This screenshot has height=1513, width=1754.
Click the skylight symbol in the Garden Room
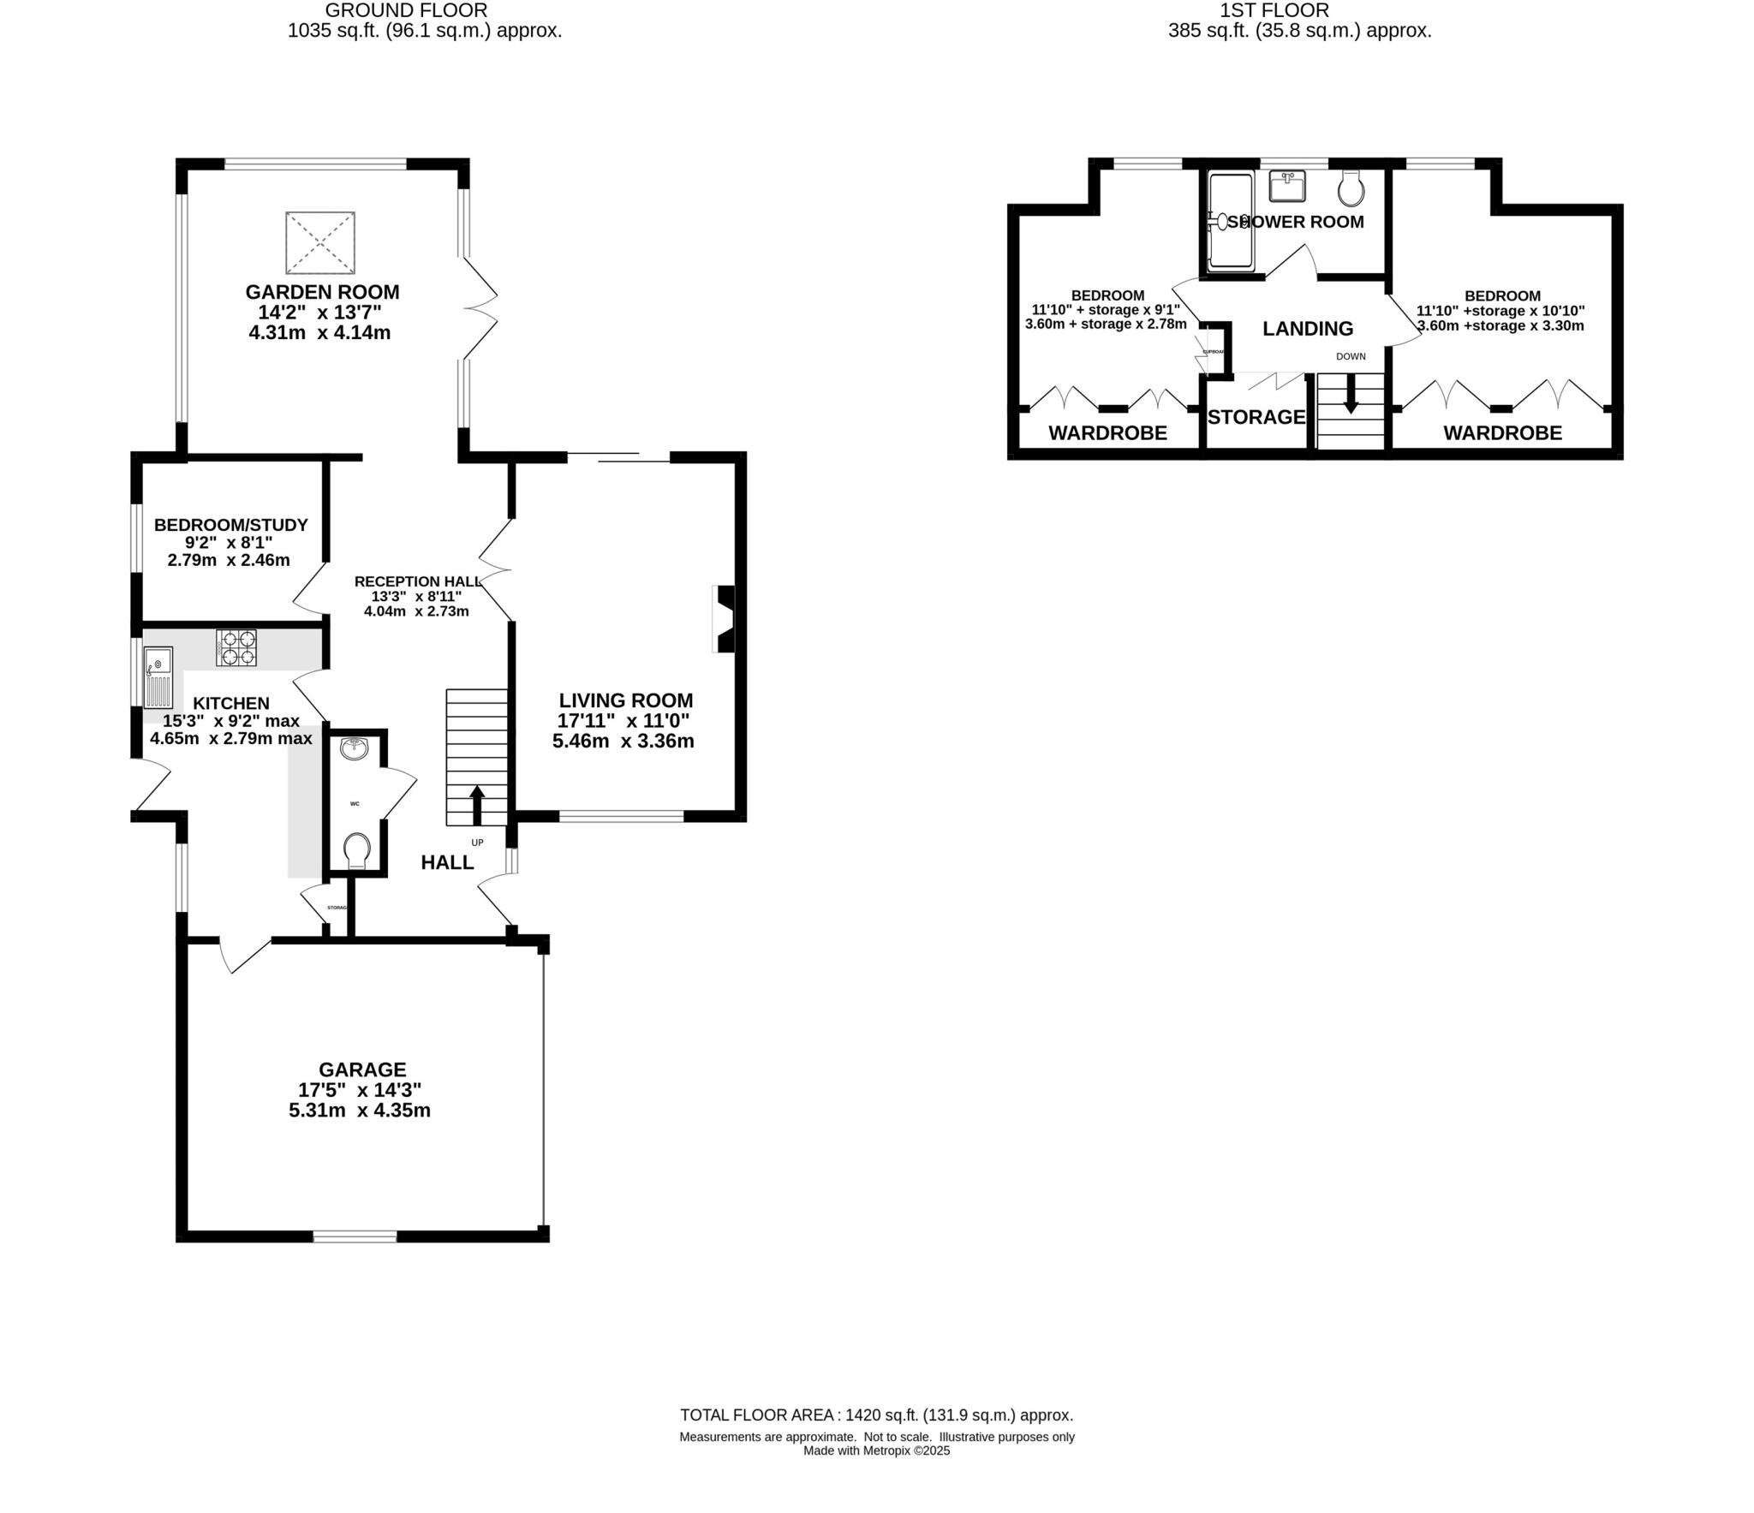[x=319, y=242]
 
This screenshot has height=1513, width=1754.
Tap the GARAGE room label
[x=362, y=1069]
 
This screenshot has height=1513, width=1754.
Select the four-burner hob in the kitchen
[x=236, y=647]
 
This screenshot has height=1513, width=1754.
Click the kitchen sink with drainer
[x=158, y=677]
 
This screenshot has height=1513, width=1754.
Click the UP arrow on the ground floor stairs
[x=477, y=805]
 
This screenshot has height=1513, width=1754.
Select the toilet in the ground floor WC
[x=356, y=850]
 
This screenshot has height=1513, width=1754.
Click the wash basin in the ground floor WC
[x=354, y=749]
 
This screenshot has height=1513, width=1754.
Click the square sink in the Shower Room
[x=1287, y=186]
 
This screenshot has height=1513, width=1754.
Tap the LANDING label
[x=1308, y=329]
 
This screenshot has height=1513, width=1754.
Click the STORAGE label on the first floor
[x=1256, y=417]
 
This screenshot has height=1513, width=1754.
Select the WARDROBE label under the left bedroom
[x=1107, y=433]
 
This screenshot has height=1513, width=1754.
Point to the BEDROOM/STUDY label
[x=230, y=525]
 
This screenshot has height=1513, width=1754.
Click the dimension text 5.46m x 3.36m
[x=623, y=742]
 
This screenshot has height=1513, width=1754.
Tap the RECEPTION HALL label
[x=417, y=581]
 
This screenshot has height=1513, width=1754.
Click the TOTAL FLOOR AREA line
[x=876, y=1415]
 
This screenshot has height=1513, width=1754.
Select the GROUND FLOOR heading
[x=407, y=10]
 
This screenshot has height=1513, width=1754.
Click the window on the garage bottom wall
[x=355, y=1236]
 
